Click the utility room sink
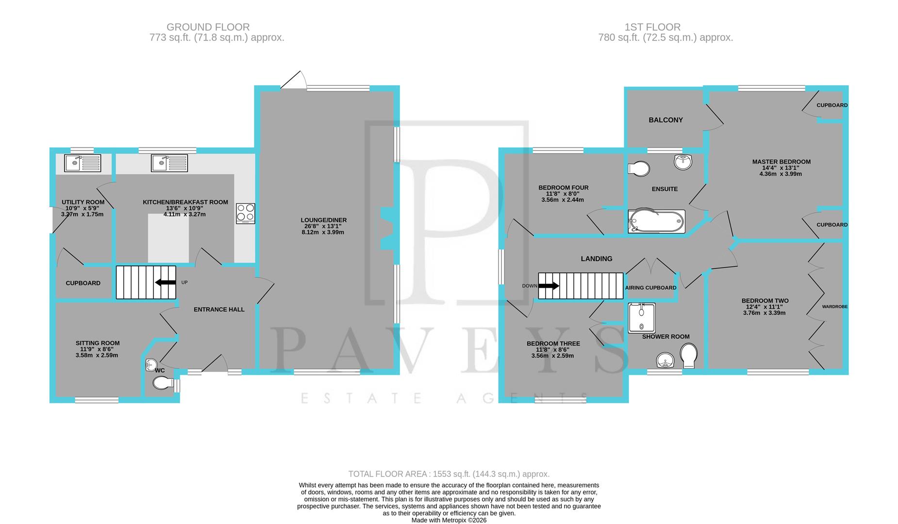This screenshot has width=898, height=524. [x=83, y=163]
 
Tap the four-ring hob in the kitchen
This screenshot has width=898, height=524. [x=246, y=213]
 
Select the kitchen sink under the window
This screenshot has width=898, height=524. [x=169, y=163]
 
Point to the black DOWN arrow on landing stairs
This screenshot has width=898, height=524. [x=549, y=286]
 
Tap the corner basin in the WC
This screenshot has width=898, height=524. [x=150, y=364]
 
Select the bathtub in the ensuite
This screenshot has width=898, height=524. [x=656, y=221]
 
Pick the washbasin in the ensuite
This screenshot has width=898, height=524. [x=683, y=162]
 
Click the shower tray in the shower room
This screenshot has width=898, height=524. [x=641, y=318]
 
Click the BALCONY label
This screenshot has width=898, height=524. [x=665, y=120]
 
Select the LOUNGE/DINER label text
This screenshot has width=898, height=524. [x=323, y=220]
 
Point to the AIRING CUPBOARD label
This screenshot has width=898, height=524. [x=650, y=288]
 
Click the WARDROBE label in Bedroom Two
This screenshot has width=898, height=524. [x=834, y=307]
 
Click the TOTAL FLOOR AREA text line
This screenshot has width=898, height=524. [x=449, y=474]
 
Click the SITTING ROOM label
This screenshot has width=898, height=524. [x=97, y=343]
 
